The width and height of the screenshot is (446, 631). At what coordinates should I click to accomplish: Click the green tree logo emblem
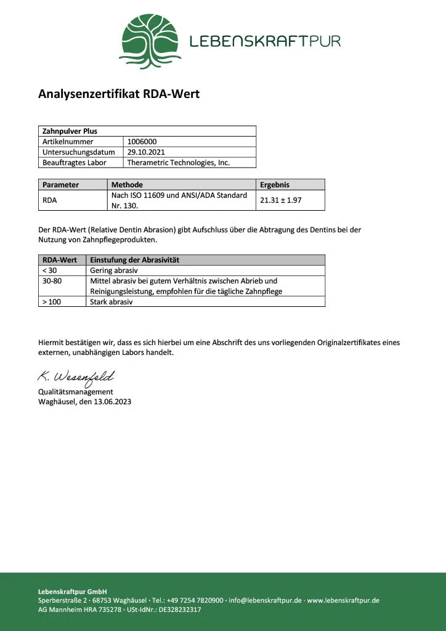coord(150,41)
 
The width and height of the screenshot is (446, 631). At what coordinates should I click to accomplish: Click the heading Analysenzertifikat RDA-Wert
coord(119,94)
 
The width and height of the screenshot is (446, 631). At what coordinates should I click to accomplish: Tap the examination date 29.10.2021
coord(146,152)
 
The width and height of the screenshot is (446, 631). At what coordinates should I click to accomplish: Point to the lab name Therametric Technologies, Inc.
coord(178,163)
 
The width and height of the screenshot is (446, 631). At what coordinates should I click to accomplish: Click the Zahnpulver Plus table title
coord(70,131)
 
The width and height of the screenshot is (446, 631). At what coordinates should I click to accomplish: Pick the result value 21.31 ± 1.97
coord(282,200)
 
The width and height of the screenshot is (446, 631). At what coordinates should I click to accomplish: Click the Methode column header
coord(127,184)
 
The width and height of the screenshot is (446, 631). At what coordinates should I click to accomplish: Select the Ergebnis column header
coord(275,184)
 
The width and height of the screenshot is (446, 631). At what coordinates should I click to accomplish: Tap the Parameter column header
coord(60,184)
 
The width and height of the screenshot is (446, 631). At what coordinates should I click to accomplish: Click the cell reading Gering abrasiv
coord(114,271)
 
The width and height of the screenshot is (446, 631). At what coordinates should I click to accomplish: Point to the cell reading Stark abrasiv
coord(111,302)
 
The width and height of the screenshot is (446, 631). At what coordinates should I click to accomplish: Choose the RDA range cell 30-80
coord(52,281)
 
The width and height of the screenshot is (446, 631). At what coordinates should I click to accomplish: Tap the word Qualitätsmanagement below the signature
coord(76,392)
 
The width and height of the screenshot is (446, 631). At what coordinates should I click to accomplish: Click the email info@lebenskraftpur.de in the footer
coord(266,600)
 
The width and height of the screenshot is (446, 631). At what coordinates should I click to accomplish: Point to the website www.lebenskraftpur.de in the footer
coord(343,600)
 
